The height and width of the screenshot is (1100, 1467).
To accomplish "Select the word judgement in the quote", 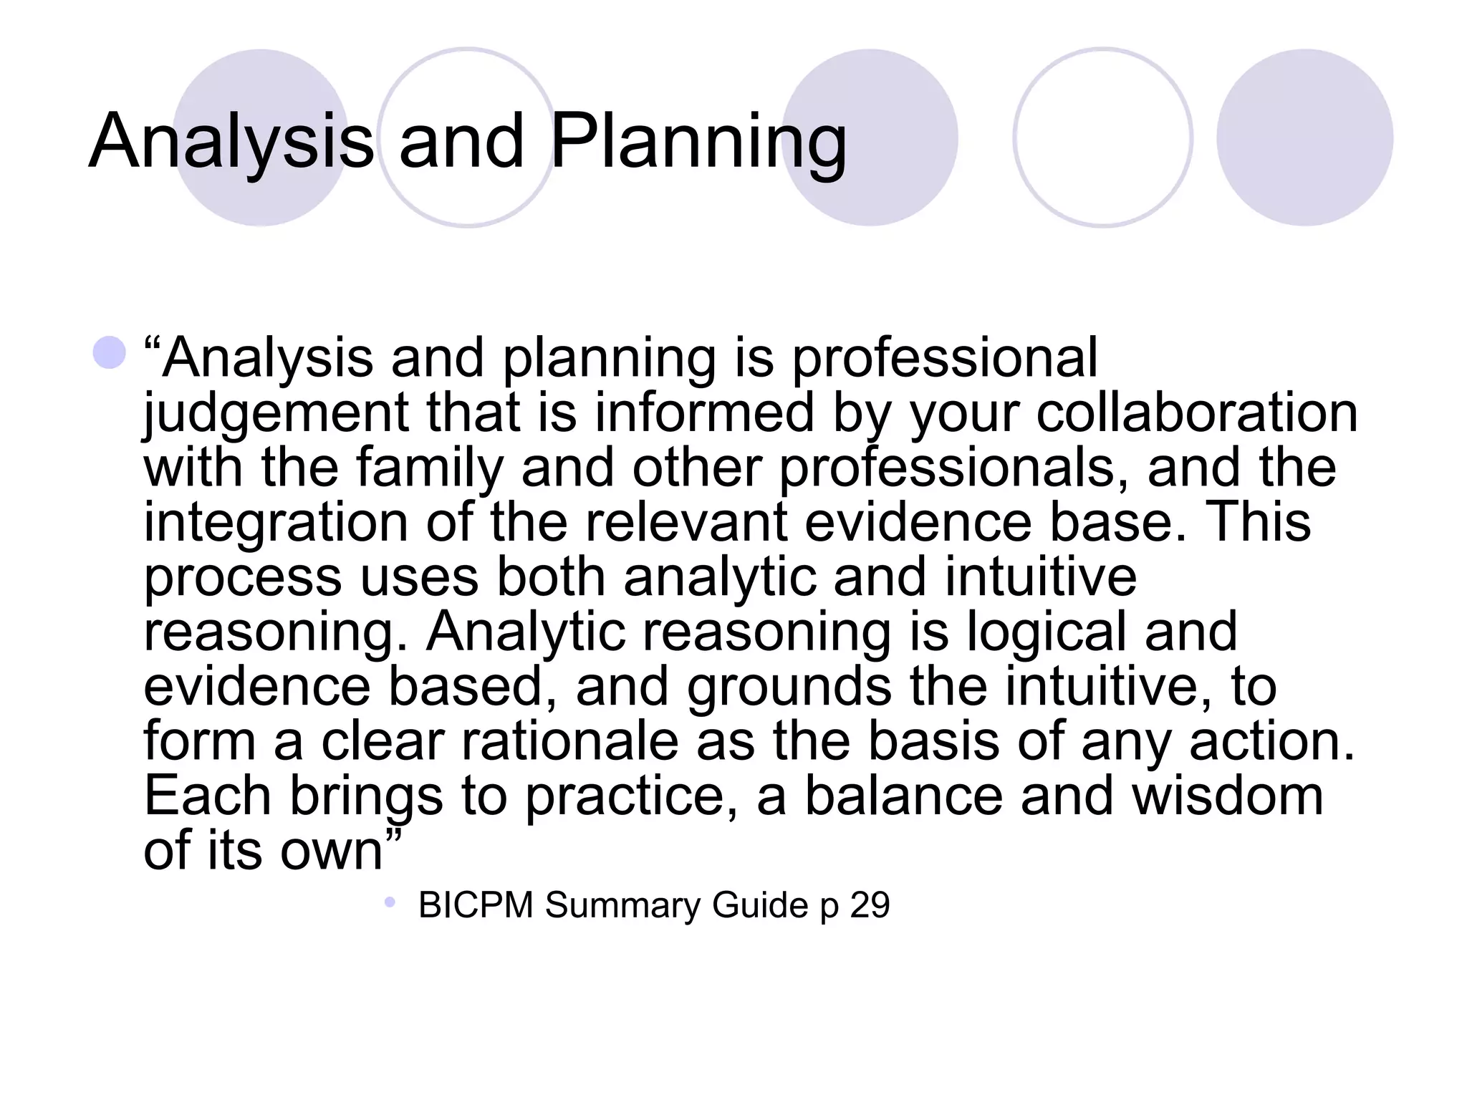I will coord(276,413).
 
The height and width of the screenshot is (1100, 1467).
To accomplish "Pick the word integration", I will coord(276,522).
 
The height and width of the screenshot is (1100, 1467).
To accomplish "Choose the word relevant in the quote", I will coord(686,522).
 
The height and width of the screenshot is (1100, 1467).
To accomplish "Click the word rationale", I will coord(569,740).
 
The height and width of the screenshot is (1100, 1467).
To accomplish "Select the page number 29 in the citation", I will coord(870,904).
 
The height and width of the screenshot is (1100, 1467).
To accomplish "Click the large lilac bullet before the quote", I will coord(110,352).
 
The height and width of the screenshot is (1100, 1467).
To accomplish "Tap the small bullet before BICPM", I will coord(390,902).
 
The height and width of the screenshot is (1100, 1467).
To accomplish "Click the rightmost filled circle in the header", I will coord(1304,137).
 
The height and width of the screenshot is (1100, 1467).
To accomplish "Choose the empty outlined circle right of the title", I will coord(1102,137).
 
